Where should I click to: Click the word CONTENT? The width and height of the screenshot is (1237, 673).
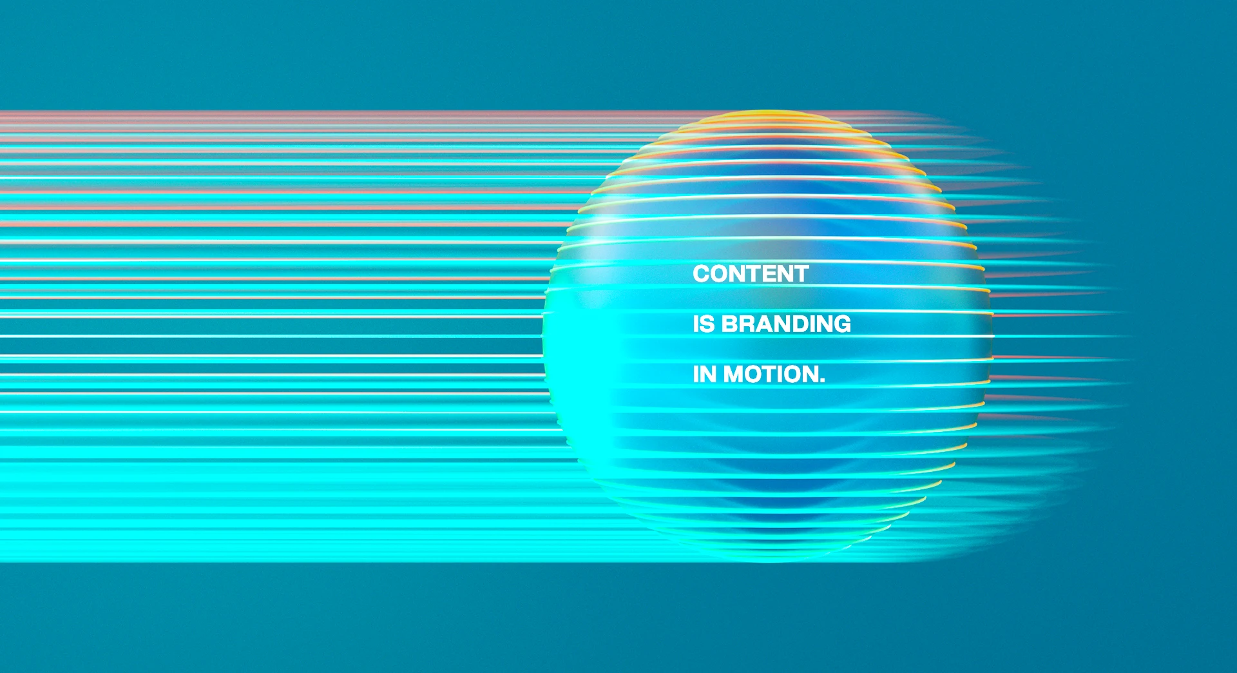[751, 273]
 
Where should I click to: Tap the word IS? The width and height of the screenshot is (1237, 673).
[704, 324]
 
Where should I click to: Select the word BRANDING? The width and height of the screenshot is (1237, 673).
[786, 324]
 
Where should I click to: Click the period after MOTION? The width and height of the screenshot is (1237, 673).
[822, 380]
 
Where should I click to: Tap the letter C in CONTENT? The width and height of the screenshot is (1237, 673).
[701, 273]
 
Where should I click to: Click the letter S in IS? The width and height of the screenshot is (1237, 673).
[707, 324]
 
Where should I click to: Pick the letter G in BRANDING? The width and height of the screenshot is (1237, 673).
[843, 324]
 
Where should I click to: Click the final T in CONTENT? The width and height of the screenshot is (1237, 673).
[801, 273]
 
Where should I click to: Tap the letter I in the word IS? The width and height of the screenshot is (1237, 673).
[696, 324]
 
